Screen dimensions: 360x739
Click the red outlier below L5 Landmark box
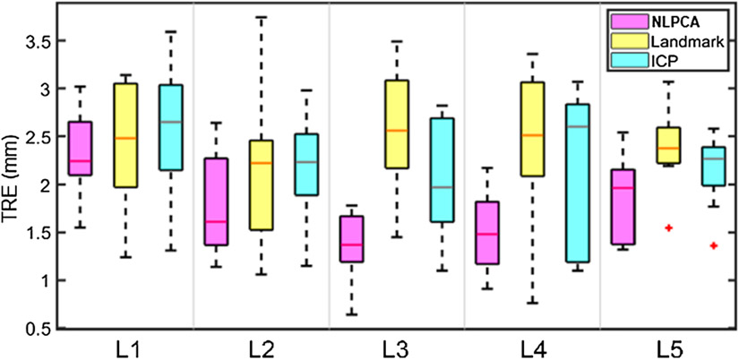(667, 228)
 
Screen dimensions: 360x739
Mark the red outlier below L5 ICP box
(713, 245)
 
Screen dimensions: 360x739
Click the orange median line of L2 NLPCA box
(216, 220)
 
